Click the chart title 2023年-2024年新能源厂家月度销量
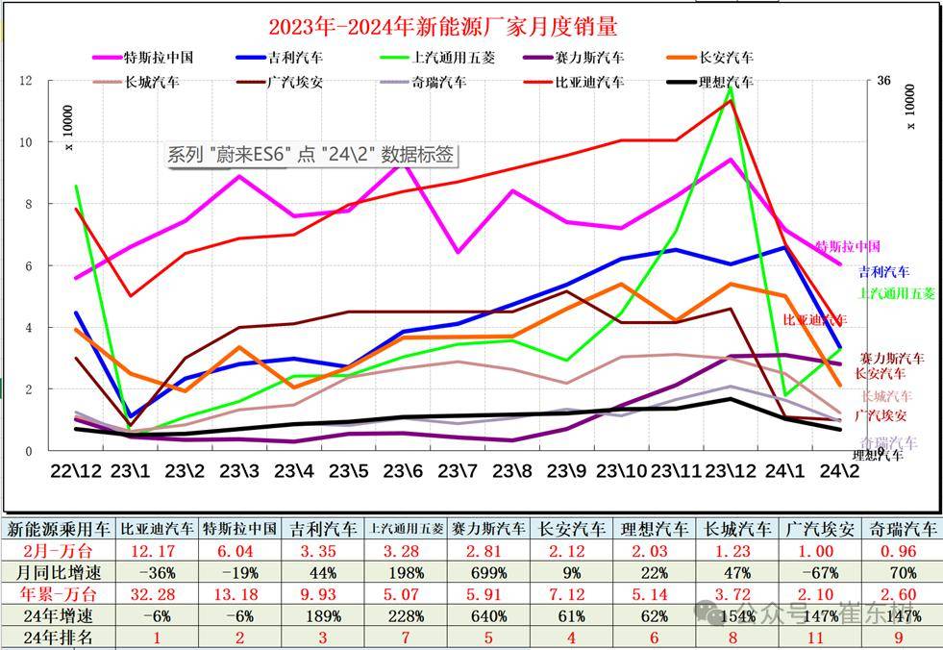point(442,25)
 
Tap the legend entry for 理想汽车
point(714,82)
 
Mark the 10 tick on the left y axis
point(26,142)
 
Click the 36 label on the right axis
point(883,81)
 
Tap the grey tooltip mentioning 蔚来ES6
point(310,155)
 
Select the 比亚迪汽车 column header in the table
point(157,529)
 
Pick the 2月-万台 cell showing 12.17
point(157,551)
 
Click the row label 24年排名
point(58,637)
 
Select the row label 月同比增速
point(58,572)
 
